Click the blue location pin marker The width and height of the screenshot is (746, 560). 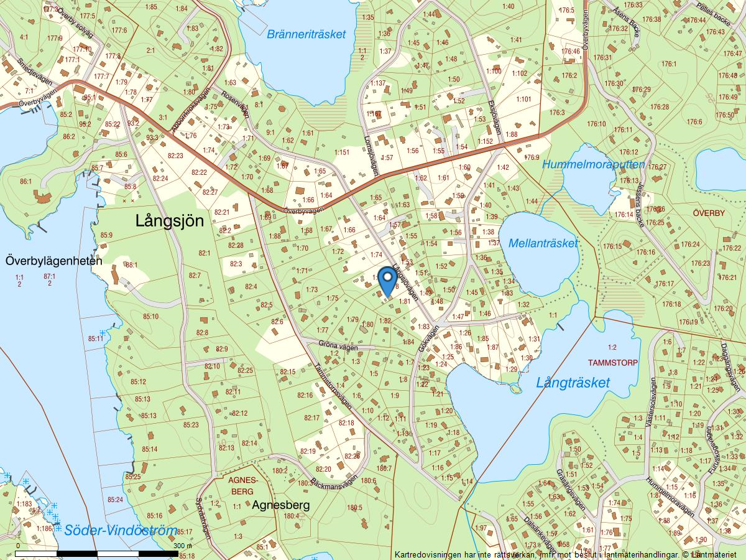387,281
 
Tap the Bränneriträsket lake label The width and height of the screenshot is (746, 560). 306,34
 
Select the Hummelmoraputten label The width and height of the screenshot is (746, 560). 594,165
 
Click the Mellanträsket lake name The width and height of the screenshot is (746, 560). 543,243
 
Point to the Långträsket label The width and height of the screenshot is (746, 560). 573,383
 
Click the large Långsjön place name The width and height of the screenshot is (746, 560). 170,220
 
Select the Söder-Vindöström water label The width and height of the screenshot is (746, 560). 121,531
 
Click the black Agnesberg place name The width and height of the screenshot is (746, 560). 280,505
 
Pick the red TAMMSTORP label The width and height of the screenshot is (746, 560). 612,362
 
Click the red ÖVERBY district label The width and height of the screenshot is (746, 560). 708,213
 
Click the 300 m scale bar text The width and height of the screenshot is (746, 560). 184,546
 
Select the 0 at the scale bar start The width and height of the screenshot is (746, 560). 18,546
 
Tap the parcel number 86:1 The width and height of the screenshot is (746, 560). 25,181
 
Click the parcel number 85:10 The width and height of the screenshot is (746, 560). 150,317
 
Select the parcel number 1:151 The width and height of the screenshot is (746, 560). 342,152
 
